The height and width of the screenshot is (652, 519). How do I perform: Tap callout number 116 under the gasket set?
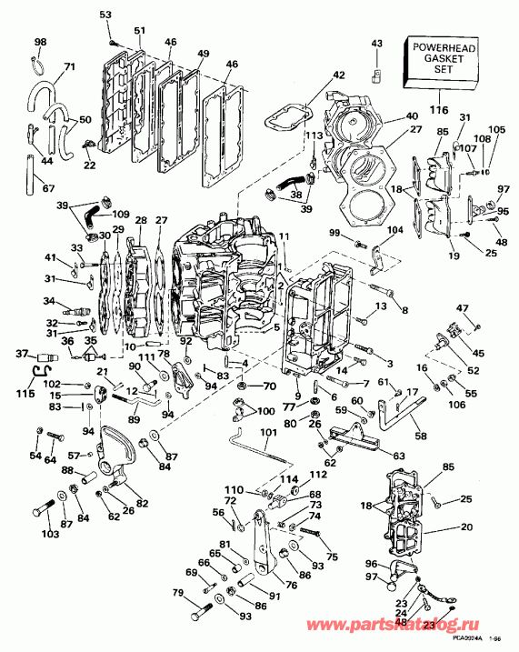[x=439, y=109]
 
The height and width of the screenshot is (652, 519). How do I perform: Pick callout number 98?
[x=40, y=43]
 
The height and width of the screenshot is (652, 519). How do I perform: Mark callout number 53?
[x=105, y=15]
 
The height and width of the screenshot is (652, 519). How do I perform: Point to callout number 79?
[x=178, y=594]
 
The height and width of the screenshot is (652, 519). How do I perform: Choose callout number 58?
[x=420, y=437]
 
